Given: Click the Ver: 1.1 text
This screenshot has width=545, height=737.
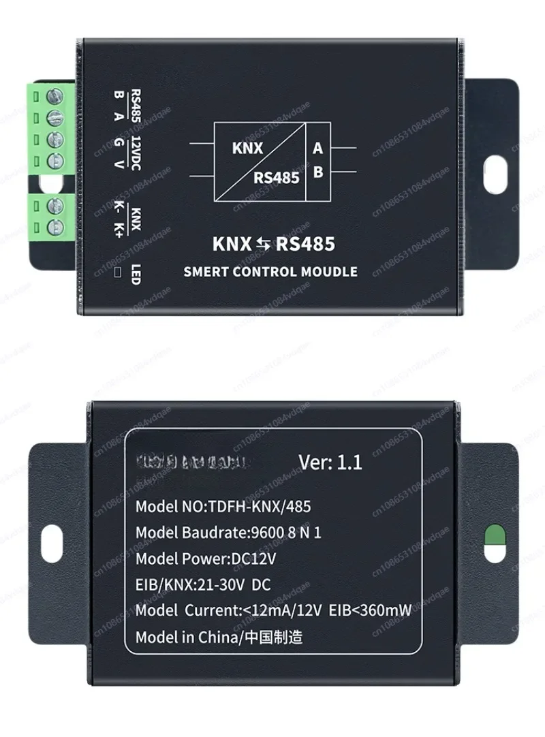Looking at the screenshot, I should pos(330,462).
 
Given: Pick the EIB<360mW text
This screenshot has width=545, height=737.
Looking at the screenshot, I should pos(371,610).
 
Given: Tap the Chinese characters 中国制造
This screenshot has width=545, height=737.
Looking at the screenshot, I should pos(275,638).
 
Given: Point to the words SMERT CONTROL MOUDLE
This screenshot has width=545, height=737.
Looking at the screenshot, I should pos(270,271).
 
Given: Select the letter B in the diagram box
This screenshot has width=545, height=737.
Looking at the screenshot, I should pos(317,172).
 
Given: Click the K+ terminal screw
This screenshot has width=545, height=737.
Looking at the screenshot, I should pos(55,225).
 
